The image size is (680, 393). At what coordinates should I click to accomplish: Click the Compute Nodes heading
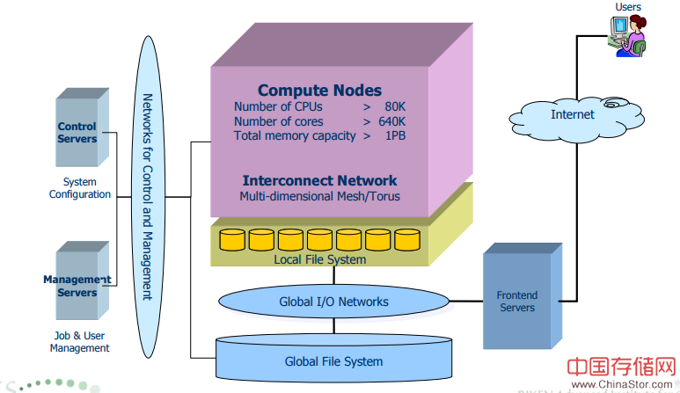pyautogui.click(x=319, y=91)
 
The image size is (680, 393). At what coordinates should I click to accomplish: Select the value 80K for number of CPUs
pyautogui.click(x=394, y=106)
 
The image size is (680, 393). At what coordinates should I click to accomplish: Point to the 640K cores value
pyautogui.click(x=391, y=121)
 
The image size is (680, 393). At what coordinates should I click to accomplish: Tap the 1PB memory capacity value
pyautogui.click(x=395, y=135)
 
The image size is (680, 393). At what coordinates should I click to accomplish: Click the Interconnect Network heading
pyautogui.click(x=319, y=180)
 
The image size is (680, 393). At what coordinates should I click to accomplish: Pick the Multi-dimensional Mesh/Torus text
pyautogui.click(x=319, y=196)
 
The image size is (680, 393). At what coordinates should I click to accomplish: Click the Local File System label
pyautogui.click(x=319, y=259)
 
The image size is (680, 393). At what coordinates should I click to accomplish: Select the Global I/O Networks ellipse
pyautogui.click(x=333, y=302)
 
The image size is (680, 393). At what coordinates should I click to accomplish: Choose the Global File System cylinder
pyautogui.click(x=333, y=360)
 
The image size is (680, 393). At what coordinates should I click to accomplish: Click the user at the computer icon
pyautogui.click(x=627, y=36)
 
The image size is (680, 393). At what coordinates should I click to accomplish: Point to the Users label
pyautogui.click(x=628, y=7)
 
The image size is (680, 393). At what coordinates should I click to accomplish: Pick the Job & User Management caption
pyautogui.click(x=79, y=341)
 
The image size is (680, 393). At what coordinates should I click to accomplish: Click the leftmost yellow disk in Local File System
pyautogui.click(x=232, y=239)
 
